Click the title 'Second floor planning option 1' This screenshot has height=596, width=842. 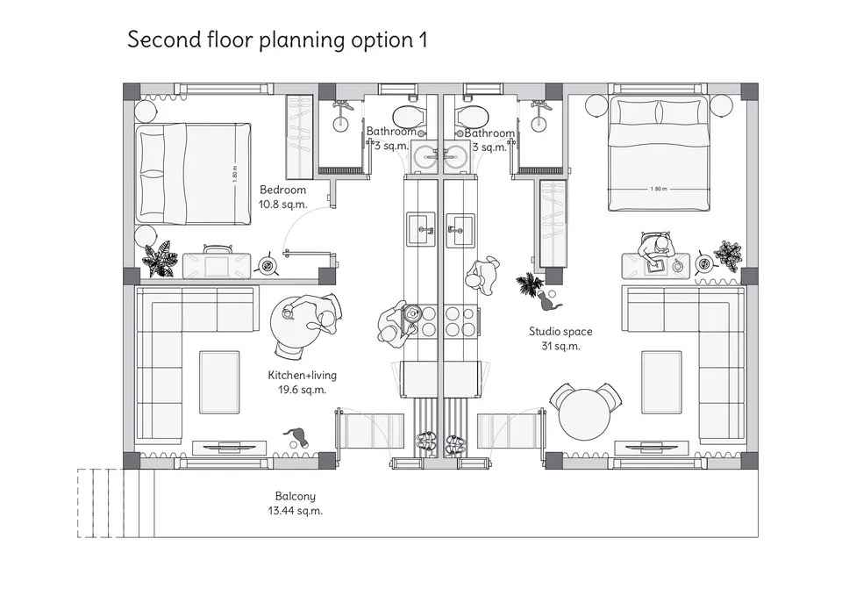277,40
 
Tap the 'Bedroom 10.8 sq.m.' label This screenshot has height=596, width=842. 283,197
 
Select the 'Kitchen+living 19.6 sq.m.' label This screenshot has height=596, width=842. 303,382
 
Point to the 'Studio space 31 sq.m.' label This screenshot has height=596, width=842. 560,339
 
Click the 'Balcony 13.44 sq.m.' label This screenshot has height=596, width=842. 296,504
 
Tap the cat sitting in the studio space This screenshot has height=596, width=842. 547,300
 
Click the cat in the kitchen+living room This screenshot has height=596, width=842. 297,437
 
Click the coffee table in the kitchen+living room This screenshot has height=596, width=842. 219,382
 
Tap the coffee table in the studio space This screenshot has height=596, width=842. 661,382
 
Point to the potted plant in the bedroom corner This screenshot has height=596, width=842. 160,259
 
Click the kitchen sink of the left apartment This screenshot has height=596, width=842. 421,229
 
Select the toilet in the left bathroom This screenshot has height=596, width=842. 410,116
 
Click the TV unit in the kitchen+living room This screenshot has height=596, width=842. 230,447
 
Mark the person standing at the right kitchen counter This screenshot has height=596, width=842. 482,276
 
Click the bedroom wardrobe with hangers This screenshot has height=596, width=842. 299,137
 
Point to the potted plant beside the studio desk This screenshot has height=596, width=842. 728,255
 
